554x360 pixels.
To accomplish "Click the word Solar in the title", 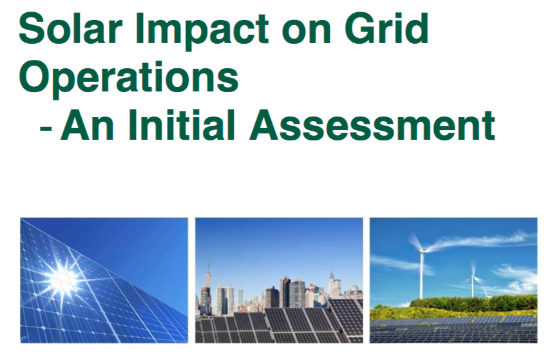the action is tap(70, 28).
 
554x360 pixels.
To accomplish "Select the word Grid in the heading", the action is tap(387, 28).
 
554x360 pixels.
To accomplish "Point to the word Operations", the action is tap(129, 79).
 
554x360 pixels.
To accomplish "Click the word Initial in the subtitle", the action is tap(182, 125).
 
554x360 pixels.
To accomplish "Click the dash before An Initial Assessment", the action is tap(46, 127).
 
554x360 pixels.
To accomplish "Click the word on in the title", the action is tap(307, 32).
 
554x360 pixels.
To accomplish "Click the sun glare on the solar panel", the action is tap(63, 279).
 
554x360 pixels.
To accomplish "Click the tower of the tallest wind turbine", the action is tap(421, 276).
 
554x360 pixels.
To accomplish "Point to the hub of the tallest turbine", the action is tap(421, 251).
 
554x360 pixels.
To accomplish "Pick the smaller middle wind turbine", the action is tap(472, 279).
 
